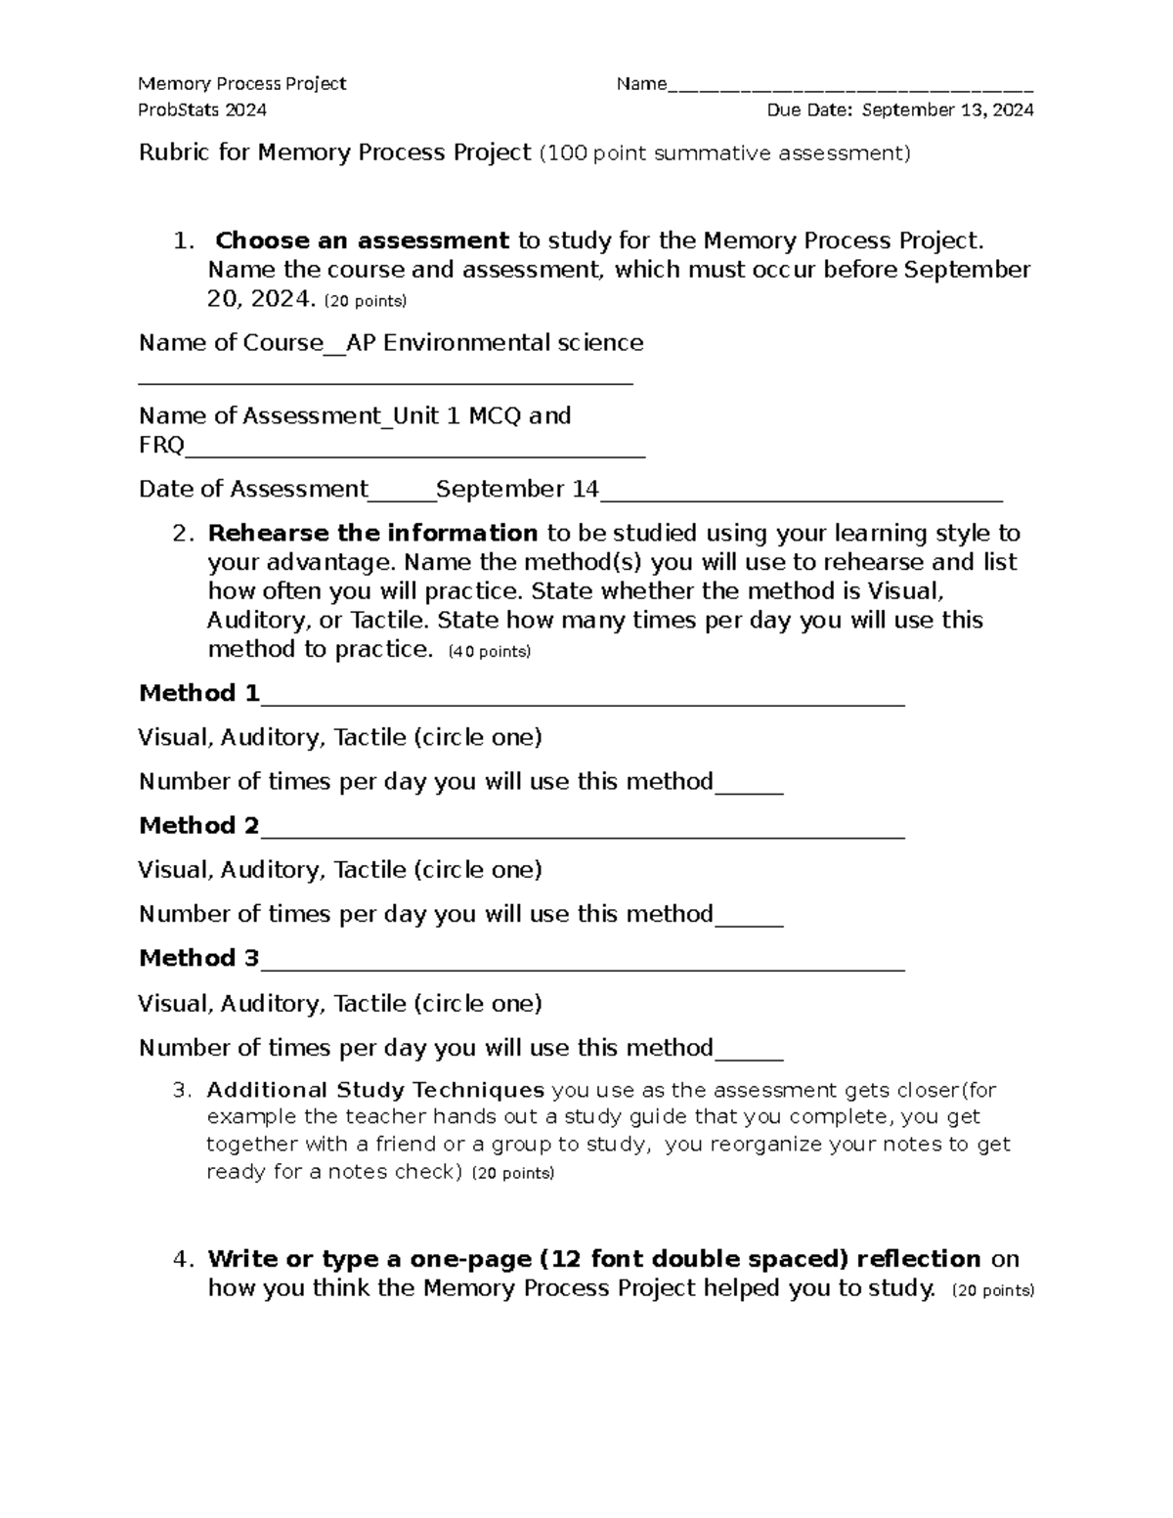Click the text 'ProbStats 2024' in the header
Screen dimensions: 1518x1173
point(202,109)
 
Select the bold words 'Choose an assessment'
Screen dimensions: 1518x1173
point(362,240)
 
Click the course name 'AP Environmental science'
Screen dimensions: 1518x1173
point(496,343)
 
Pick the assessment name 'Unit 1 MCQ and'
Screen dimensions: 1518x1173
point(482,416)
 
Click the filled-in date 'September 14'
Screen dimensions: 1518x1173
point(518,490)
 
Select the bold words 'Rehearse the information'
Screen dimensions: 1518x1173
point(372,534)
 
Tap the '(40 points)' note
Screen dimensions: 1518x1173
point(489,652)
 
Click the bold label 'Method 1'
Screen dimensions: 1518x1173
point(199,694)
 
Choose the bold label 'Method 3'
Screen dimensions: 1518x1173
point(199,959)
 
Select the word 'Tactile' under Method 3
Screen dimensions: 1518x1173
point(369,1004)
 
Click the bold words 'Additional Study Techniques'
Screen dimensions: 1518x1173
point(375,1090)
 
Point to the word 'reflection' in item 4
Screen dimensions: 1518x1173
point(918,1259)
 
